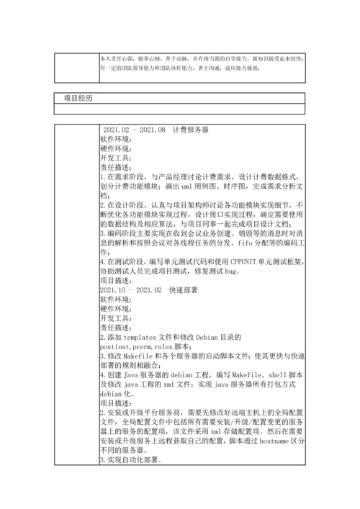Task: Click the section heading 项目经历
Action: coord(78,97)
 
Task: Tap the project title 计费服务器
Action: coord(190,130)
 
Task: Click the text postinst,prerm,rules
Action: coord(143,346)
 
